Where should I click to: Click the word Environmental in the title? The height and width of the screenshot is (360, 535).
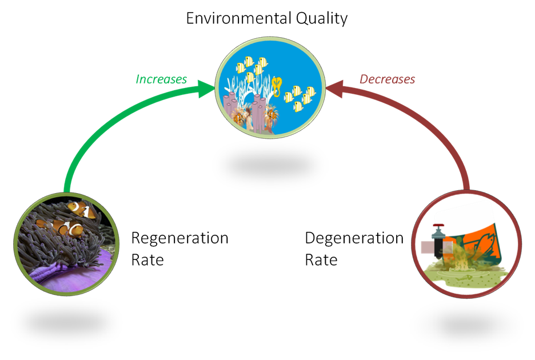point(238,18)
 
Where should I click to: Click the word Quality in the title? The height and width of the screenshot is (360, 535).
point(321,19)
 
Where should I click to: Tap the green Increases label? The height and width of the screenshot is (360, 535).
point(161,79)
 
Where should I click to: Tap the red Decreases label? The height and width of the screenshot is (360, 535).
point(388,79)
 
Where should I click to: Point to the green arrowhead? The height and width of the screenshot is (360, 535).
point(206,89)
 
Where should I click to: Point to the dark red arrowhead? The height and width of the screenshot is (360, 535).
point(334,89)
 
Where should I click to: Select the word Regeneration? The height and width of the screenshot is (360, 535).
point(180,238)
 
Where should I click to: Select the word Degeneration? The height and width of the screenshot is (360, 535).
point(354,238)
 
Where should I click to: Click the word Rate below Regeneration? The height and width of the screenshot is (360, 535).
point(147,260)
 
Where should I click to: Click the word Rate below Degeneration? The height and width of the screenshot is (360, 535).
point(321,260)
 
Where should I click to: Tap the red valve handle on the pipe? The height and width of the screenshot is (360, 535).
point(438,226)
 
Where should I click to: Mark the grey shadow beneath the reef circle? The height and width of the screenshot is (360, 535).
point(270,166)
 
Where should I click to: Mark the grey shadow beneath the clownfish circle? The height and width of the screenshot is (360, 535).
point(66,322)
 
